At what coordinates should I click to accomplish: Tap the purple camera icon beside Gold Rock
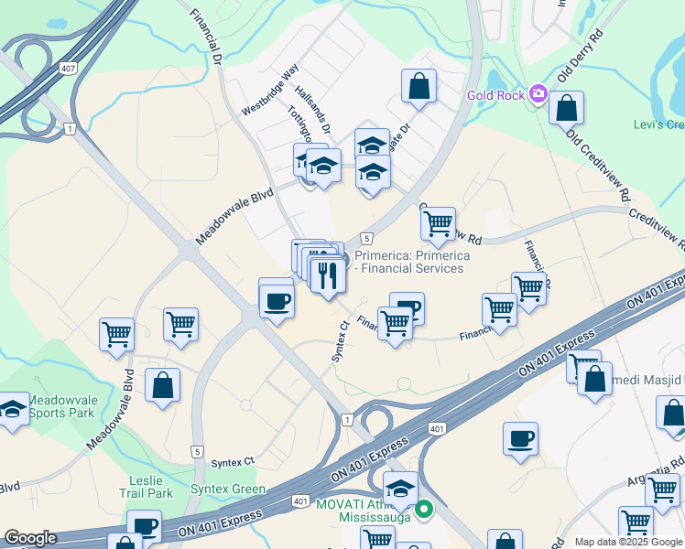point(537,93)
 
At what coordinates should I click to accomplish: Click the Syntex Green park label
point(228,490)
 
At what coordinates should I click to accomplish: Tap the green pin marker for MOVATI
point(423,509)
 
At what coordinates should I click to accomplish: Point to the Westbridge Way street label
point(270,90)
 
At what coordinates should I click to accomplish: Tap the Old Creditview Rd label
point(599,166)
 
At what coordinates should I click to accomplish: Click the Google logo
point(30,538)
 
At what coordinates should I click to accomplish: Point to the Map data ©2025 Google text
point(628,542)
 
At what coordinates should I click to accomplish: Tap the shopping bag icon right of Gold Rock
point(567,108)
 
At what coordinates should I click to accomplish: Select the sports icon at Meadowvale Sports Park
point(13,410)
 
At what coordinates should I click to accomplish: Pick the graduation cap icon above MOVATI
point(400,488)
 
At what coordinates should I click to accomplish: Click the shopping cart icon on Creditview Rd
point(439,222)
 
